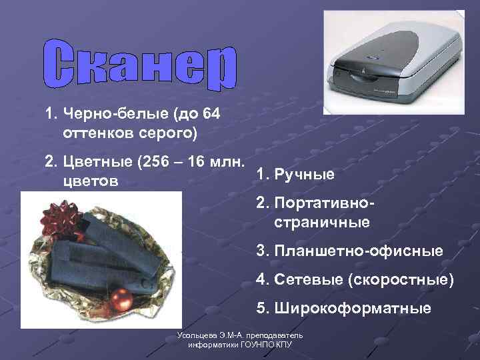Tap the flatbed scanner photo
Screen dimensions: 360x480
pos(393,61)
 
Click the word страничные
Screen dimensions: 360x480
pos(321,222)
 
